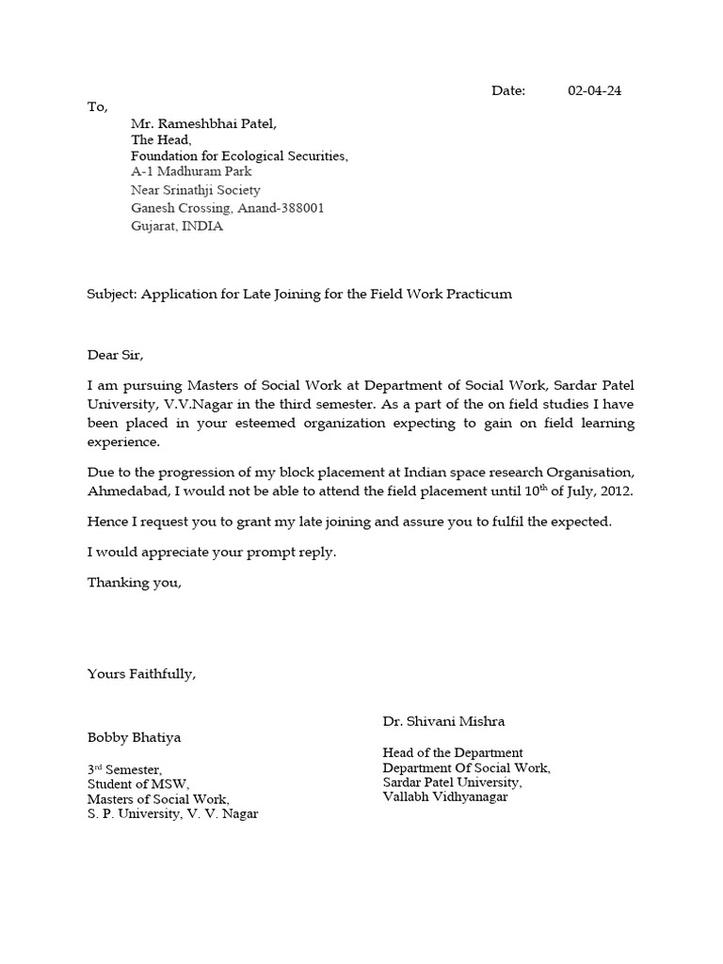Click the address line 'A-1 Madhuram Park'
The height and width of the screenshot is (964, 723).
point(191,172)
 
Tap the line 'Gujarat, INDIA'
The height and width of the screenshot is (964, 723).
point(177,227)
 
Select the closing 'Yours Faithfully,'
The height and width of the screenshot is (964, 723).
point(141,674)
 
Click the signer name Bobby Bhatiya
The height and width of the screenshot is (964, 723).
point(134,737)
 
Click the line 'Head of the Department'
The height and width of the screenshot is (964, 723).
point(452,752)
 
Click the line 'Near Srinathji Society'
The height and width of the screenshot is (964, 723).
point(196,190)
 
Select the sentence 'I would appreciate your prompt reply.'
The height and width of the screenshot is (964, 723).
point(212,553)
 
